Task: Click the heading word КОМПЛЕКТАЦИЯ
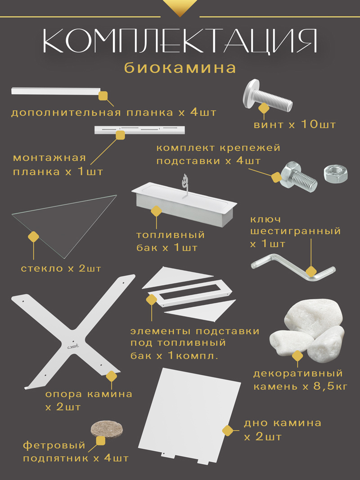(x=180, y=42)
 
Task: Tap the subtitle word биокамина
(x=180, y=68)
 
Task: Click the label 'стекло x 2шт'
(x=61, y=269)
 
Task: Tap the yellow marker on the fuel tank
(x=157, y=211)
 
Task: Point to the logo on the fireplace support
(x=72, y=346)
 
